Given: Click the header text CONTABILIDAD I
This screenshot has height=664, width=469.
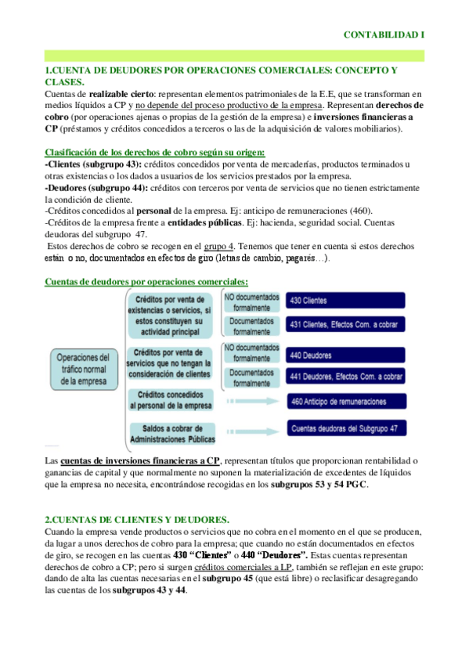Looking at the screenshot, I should [x=384, y=35].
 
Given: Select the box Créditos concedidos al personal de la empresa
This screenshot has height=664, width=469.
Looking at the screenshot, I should [x=170, y=402].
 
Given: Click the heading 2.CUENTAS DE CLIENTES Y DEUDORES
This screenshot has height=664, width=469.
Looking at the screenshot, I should [x=137, y=520].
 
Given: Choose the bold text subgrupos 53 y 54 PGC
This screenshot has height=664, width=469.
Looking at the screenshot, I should [x=318, y=485].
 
